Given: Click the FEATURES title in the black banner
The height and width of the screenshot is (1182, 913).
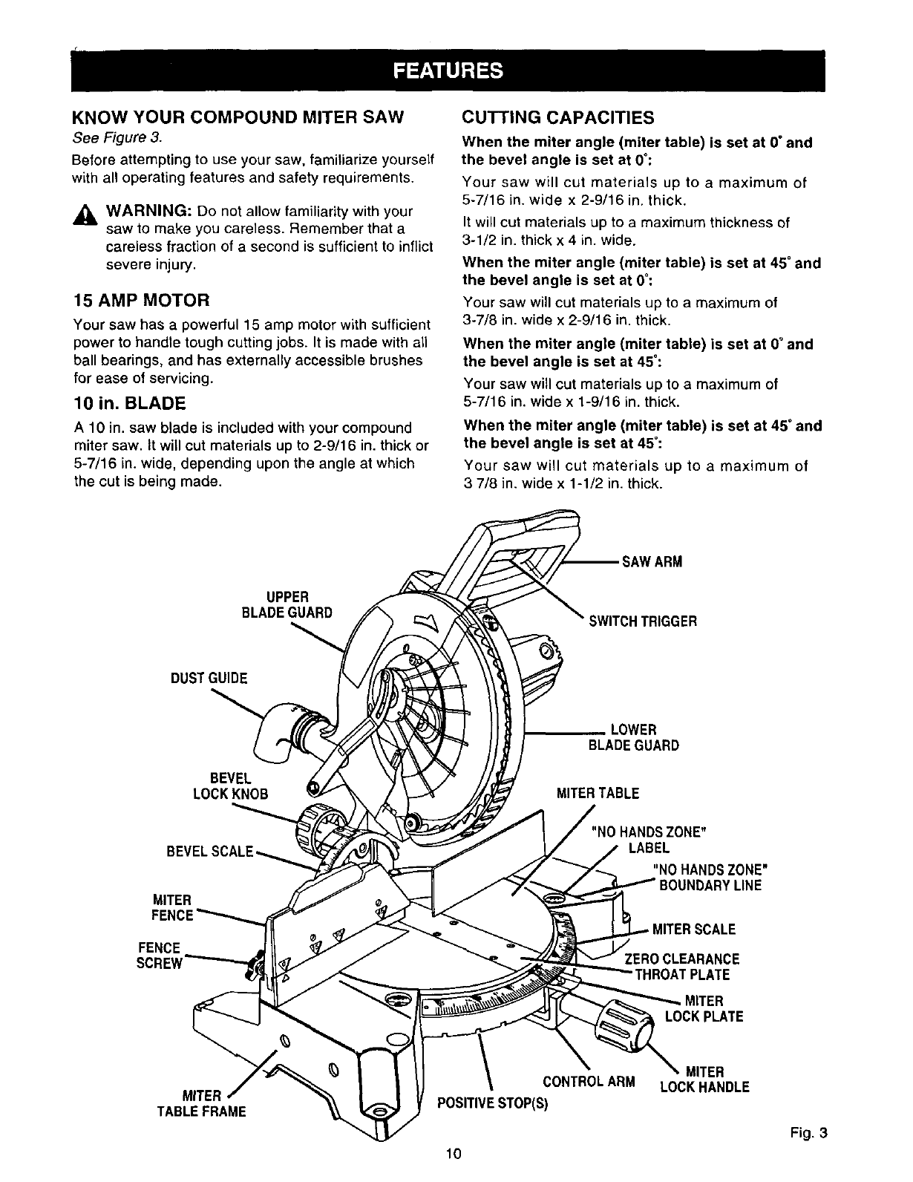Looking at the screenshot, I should [x=448, y=71].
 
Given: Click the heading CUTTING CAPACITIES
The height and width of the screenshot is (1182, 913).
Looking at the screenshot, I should [x=557, y=117].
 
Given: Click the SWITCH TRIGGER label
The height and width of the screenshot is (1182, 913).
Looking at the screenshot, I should [x=642, y=621].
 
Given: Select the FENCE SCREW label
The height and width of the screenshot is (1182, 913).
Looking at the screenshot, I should [x=160, y=956].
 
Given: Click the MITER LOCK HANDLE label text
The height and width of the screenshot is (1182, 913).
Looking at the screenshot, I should [x=704, y=1080].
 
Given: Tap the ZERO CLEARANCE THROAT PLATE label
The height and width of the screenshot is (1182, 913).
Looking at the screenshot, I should [x=683, y=967].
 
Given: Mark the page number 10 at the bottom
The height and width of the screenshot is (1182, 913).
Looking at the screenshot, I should [x=454, y=1153].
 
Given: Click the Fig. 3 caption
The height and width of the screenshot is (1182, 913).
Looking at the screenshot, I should [x=808, y=1133].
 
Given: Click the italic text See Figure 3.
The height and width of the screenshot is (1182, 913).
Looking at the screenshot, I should [x=116, y=137].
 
